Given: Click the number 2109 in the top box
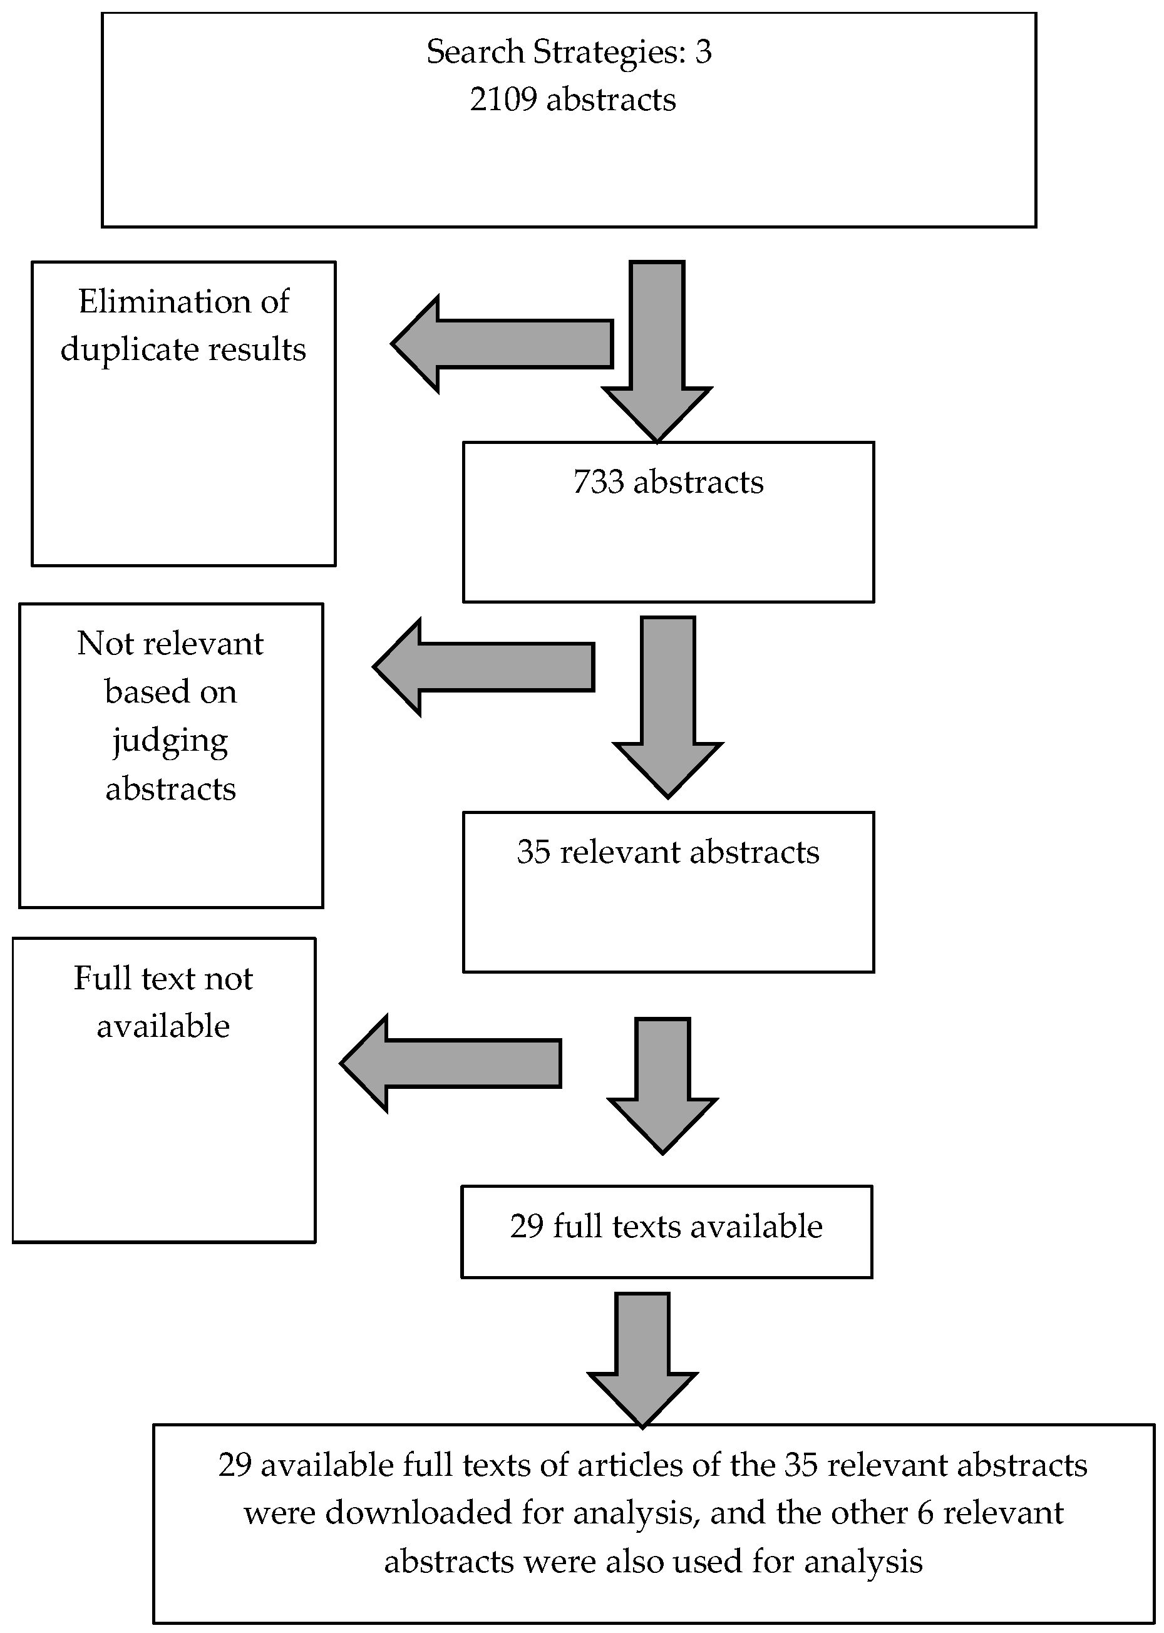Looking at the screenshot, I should (502, 99).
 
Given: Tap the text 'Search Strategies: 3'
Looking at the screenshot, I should (569, 51).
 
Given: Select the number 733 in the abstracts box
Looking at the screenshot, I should (599, 482).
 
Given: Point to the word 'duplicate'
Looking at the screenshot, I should (119, 349).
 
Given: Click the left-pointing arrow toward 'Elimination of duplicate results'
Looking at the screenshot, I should (502, 344).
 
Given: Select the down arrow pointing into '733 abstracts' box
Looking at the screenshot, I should (657, 351).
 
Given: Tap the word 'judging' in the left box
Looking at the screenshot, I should (170, 741).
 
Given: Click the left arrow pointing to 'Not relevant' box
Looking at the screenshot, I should (484, 667).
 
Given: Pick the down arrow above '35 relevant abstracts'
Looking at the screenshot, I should (668, 706).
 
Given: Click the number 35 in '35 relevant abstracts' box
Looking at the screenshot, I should (533, 852).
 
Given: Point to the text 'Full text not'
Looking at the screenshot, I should (163, 979).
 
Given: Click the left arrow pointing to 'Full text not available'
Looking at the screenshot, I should (450, 1063).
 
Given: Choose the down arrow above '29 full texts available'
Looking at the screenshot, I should (662, 1083).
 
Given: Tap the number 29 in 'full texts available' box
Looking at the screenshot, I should (527, 1226).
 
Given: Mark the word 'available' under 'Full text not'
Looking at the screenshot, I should (163, 1027).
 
